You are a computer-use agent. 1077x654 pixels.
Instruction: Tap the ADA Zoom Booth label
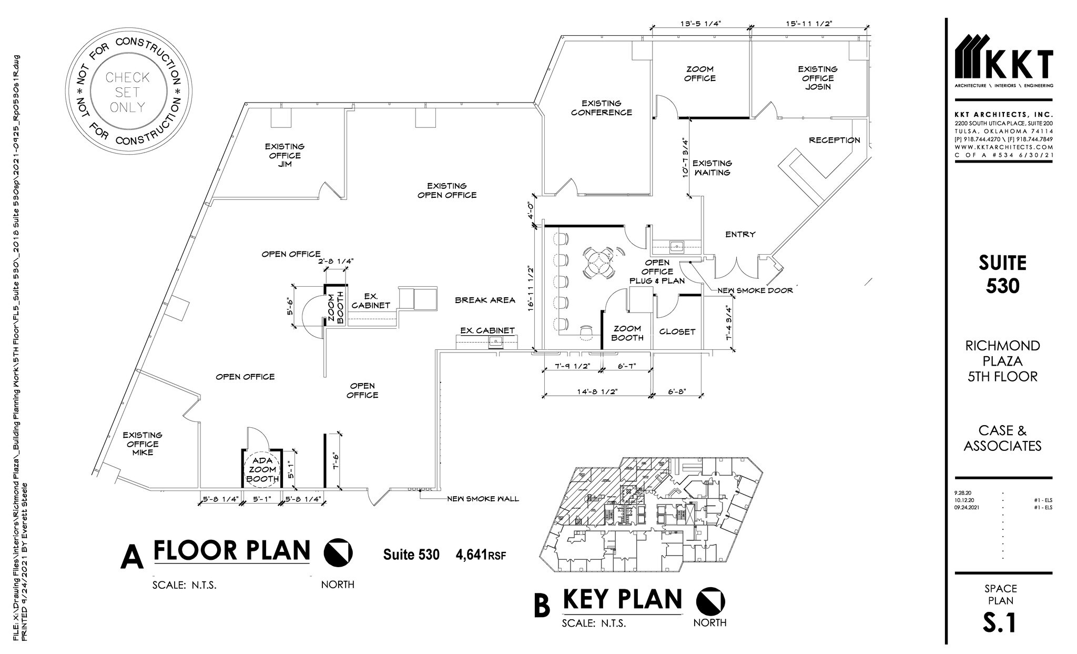click(262, 469)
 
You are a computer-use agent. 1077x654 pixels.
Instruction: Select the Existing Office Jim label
click(284, 155)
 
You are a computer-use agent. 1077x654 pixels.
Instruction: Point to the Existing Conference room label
click(601, 108)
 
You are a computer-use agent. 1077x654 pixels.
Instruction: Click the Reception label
click(834, 140)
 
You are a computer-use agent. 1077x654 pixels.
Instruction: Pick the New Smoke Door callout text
click(755, 290)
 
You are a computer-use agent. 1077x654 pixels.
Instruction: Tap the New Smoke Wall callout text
click(482, 498)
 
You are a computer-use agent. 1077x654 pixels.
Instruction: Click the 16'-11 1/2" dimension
click(531, 287)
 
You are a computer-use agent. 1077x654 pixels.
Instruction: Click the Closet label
click(677, 331)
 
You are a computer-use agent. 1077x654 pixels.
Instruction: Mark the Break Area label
click(484, 300)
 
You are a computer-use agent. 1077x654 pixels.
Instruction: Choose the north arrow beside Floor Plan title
click(338, 552)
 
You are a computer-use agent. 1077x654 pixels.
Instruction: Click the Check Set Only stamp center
click(127, 92)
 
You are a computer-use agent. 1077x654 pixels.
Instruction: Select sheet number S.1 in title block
click(1000, 622)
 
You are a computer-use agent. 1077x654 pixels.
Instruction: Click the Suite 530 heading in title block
click(1002, 274)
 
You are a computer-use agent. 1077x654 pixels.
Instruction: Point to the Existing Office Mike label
click(143, 444)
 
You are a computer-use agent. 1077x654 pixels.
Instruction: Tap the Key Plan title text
click(622, 599)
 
